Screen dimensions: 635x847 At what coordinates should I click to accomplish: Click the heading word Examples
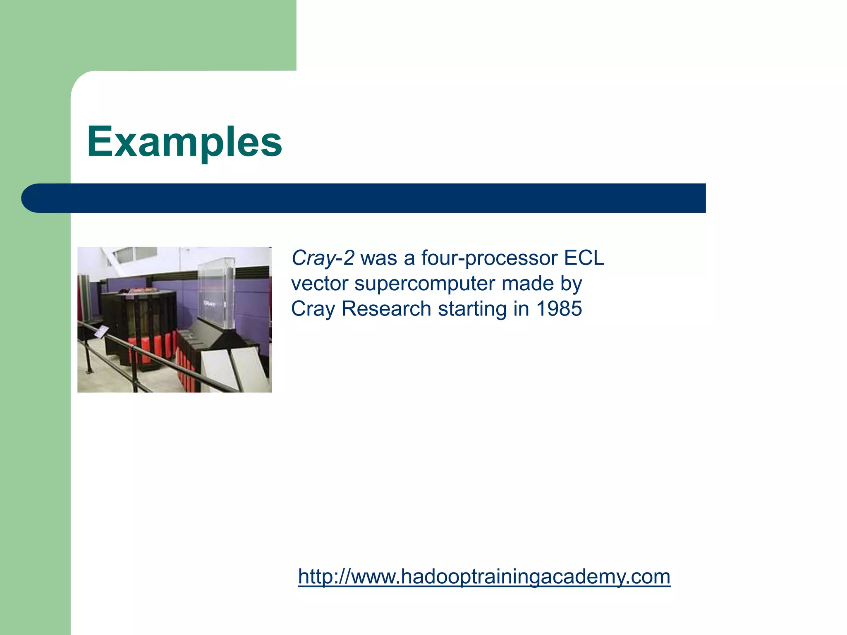[x=184, y=142]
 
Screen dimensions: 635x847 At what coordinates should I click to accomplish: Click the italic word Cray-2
[x=323, y=258]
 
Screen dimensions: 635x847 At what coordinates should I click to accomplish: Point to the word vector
[x=319, y=284]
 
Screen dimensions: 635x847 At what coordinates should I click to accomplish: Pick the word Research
[x=386, y=309]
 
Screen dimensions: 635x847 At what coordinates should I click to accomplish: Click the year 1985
[x=559, y=309]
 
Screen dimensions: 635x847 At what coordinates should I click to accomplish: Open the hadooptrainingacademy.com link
[x=484, y=576]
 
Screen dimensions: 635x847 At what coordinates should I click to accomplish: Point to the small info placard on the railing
[x=101, y=331]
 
